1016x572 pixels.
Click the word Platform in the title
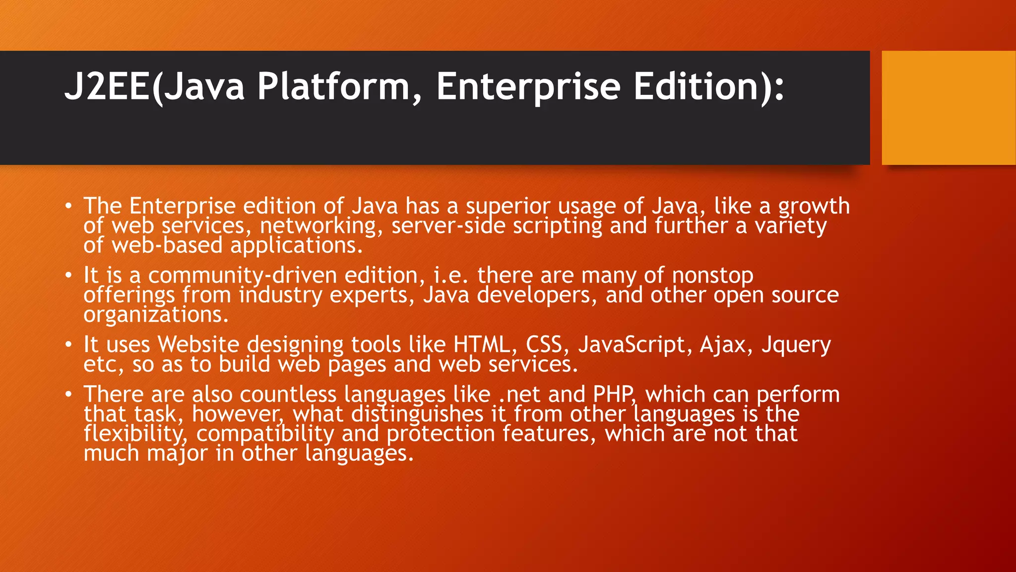pos(332,87)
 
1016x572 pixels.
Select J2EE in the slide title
pos(107,87)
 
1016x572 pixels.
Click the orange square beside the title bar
pos(949,108)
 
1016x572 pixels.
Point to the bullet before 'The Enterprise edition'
pos(69,206)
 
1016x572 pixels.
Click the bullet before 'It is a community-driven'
pos(69,275)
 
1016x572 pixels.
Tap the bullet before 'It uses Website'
pos(69,345)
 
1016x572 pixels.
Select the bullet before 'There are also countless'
pos(69,394)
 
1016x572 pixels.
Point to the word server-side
pos(448,226)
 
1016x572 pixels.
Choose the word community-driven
pos(243,276)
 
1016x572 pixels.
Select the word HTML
pos(481,345)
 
